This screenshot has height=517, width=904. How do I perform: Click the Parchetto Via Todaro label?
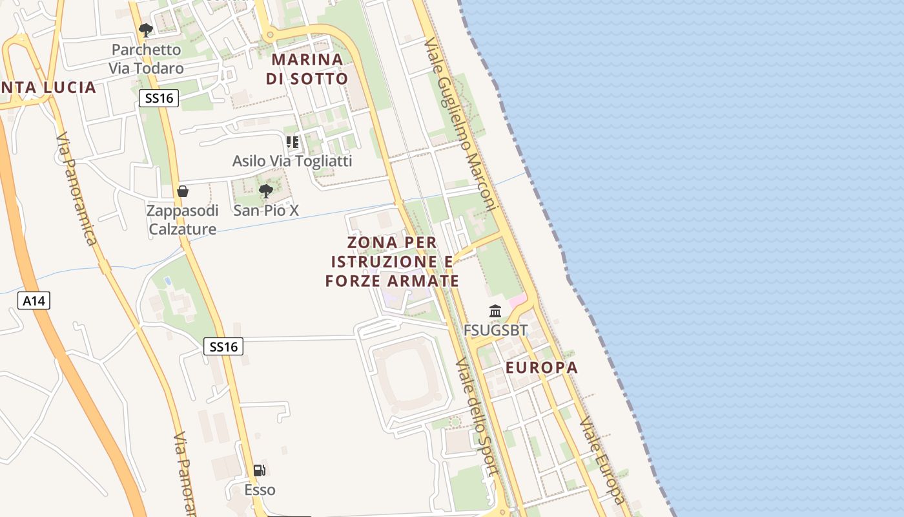click(x=146, y=59)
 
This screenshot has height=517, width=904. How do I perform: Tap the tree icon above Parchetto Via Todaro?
click(x=146, y=30)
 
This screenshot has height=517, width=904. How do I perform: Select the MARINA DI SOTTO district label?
click(x=307, y=69)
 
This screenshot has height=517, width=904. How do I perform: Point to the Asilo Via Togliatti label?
click(x=293, y=161)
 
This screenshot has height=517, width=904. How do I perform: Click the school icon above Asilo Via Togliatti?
click(x=293, y=142)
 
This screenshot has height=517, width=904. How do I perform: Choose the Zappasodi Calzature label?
click(x=183, y=220)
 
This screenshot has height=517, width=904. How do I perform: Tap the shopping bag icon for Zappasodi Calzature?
click(x=183, y=191)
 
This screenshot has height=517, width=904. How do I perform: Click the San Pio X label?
click(x=266, y=211)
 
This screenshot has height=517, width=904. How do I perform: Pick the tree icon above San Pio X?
click(x=265, y=191)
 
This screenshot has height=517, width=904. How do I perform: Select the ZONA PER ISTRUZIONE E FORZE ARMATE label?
click(x=392, y=262)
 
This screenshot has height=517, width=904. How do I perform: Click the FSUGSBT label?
click(x=495, y=331)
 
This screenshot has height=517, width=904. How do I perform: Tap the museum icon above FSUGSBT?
click(x=495, y=311)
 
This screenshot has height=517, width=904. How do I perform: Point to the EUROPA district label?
click(x=542, y=368)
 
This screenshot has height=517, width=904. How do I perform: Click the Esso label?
click(x=260, y=490)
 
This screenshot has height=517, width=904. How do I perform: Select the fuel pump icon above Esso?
click(x=260, y=470)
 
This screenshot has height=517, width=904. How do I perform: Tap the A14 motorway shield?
click(x=34, y=301)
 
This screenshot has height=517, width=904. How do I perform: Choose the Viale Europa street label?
click(x=602, y=460)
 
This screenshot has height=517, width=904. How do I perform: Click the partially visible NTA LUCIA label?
click(x=48, y=87)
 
